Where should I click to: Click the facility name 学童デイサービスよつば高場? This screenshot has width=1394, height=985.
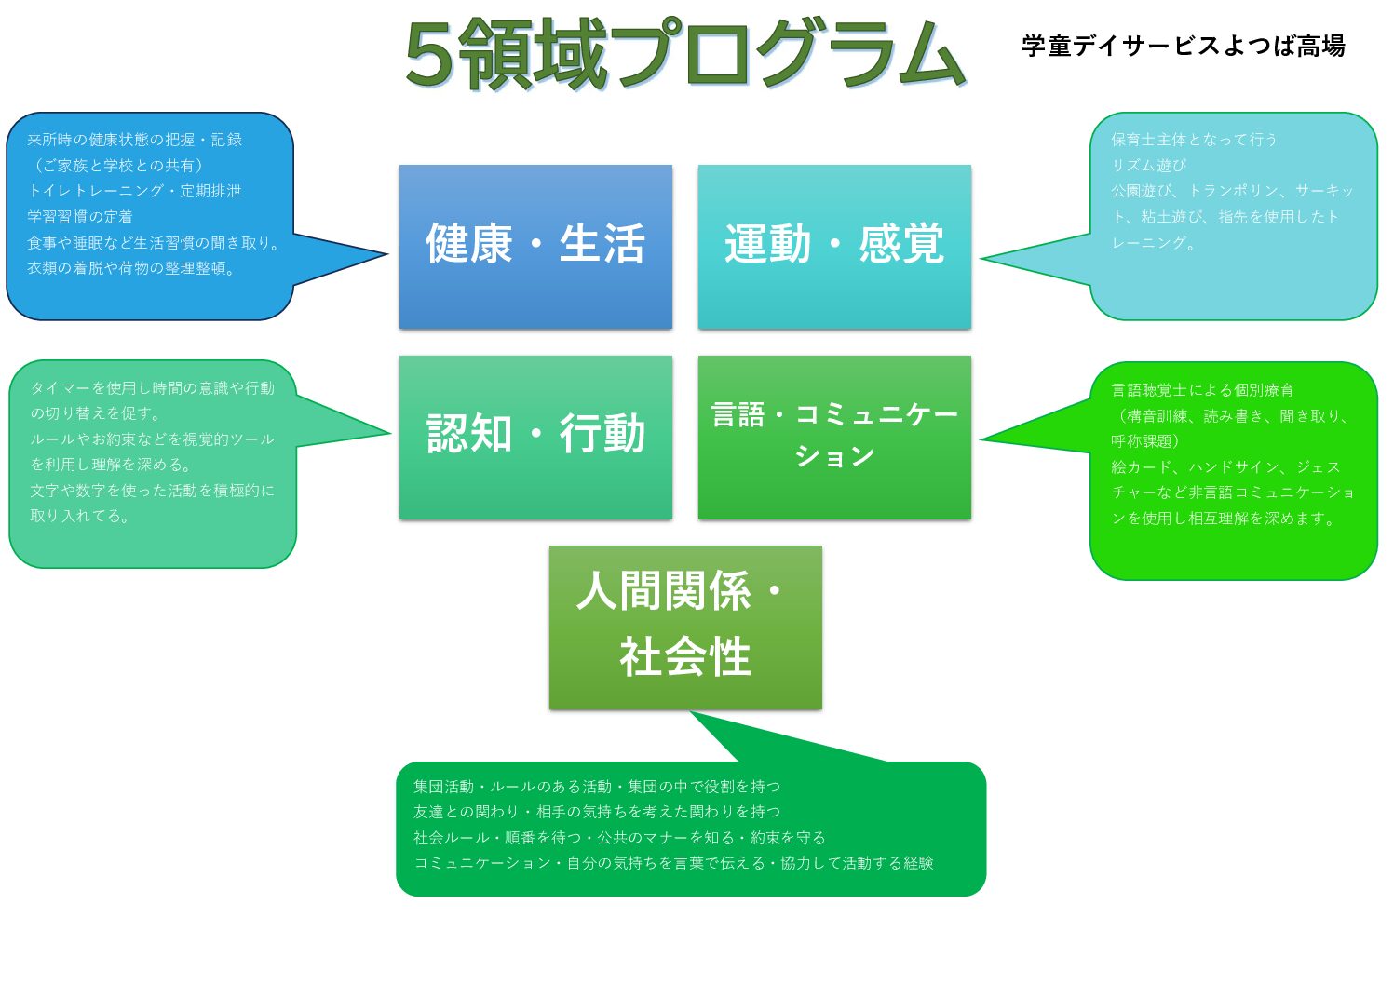click(1183, 46)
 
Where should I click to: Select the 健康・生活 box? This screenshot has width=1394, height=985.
click(535, 246)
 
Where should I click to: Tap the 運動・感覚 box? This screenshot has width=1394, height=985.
click(834, 246)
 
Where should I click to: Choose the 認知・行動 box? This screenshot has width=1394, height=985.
click(535, 437)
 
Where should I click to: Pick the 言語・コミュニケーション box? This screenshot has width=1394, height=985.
click(834, 437)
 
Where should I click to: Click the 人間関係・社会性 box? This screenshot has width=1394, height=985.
click(685, 627)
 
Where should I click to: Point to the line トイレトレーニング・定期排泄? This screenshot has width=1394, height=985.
click(134, 191)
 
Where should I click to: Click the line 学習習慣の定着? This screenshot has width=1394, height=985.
click(80, 217)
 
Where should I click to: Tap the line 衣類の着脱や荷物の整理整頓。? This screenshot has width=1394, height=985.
click(131, 268)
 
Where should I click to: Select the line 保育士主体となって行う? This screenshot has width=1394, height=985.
click(1194, 140)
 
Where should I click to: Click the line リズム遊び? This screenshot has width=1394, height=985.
click(1149, 166)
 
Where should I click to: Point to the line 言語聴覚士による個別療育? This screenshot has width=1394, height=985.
click(1202, 390)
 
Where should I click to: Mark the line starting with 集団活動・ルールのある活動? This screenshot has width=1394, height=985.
click(597, 787)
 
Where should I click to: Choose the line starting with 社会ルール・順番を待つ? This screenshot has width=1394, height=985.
click(619, 838)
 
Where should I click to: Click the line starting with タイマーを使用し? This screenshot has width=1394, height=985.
click(153, 387)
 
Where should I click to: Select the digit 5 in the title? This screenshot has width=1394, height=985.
click(429, 56)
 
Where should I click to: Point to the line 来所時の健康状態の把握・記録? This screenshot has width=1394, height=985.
click(134, 140)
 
